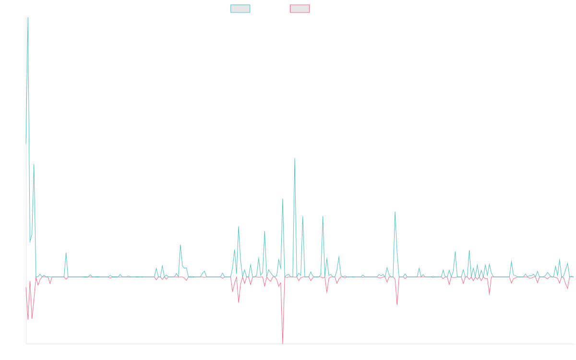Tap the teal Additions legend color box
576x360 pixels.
(240, 9)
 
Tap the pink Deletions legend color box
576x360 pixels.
(300, 9)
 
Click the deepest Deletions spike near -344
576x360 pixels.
(283, 343)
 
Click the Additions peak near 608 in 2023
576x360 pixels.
(295, 159)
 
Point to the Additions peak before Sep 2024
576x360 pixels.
(395, 212)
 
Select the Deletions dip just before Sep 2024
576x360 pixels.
(397, 304)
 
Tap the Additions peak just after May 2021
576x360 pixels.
(66, 253)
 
